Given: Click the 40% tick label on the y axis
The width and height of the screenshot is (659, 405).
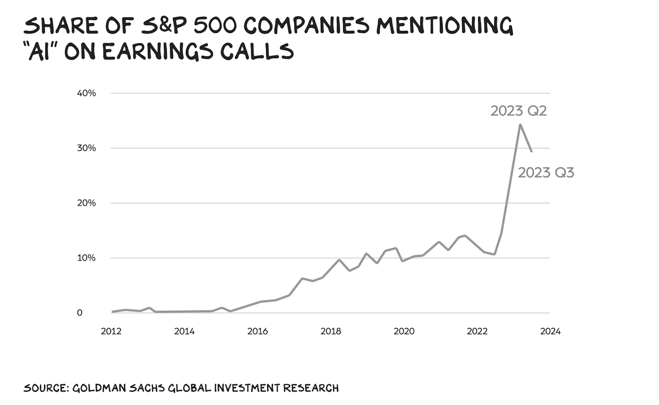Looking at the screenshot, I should pyautogui.click(x=86, y=93).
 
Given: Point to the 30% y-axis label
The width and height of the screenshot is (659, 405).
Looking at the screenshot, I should pyautogui.click(x=86, y=148).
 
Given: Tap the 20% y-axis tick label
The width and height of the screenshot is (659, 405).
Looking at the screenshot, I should pyautogui.click(x=86, y=203).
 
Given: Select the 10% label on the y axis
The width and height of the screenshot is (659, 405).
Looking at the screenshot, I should pyautogui.click(x=86, y=258).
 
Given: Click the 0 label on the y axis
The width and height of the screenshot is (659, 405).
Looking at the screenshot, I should pyautogui.click(x=94, y=313).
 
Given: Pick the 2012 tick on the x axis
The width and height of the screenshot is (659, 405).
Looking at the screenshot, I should pyautogui.click(x=111, y=332).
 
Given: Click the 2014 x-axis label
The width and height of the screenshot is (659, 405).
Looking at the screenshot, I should pyautogui.click(x=184, y=332).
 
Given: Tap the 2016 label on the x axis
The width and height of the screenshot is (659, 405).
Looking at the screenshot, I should pyautogui.click(x=258, y=332).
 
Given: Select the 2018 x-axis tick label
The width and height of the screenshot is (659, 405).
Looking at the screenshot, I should pyautogui.click(x=331, y=332).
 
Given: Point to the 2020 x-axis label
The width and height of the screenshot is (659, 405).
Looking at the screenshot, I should pyautogui.click(x=404, y=332).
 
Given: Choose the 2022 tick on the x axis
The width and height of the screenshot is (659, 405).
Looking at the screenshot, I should pyautogui.click(x=477, y=332).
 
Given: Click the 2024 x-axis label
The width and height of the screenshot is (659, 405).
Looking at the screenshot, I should pyautogui.click(x=550, y=332).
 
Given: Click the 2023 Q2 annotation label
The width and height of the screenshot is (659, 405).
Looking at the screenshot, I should pyautogui.click(x=518, y=111).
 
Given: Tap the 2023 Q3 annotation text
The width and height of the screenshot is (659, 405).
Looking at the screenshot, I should pyautogui.click(x=546, y=173).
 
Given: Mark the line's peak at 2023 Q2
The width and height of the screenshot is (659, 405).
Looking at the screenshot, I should pyautogui.click(x=520, y=125).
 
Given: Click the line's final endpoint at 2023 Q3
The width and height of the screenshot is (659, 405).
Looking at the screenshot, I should pyautogui.click(x=531, y=151).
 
